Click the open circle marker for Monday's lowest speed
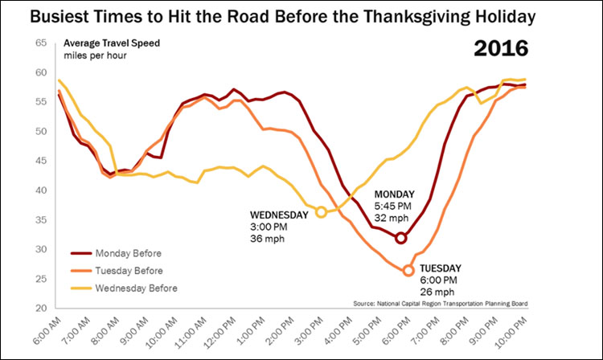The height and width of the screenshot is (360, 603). click(x=401, y=237)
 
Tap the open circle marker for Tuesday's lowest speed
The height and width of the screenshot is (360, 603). click(x=408, y=271)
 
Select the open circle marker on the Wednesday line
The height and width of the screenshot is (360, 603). click(x=322, y=212)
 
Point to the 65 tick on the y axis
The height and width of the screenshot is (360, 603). click(x=40, y=43)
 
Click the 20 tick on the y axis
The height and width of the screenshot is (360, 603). click(x=40, y=309)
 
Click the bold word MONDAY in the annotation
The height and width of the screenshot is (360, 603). click(x=395, y=194)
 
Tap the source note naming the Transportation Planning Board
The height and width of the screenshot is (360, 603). click(x=445, y=304)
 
